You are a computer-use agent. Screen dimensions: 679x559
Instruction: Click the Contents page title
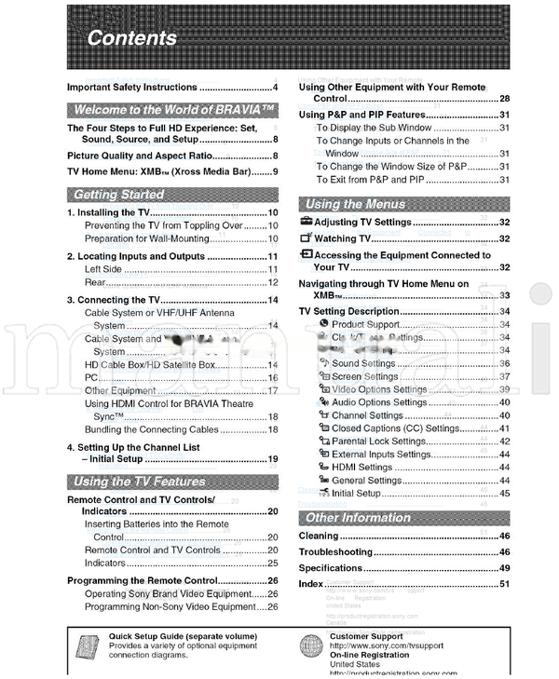coord(131,38)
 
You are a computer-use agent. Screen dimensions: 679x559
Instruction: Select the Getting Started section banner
coord(118,195)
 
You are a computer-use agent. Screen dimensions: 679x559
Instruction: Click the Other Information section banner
coord(357,518)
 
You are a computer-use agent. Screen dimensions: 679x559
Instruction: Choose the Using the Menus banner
coord(355,204)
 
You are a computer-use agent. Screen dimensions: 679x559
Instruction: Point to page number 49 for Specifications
coord(504,568)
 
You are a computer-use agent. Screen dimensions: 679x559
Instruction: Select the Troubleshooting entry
coord(335,552)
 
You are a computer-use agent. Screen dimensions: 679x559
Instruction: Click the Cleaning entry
coord(319,536)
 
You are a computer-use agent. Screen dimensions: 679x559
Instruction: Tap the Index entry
coord(311,584)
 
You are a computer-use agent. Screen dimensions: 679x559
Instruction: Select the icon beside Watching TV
coord(306,239)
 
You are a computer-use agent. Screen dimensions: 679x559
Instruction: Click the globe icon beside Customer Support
coord(312,645)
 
